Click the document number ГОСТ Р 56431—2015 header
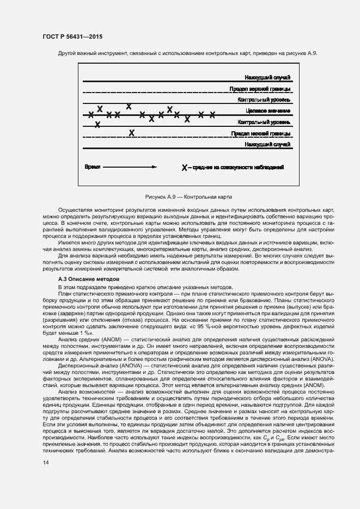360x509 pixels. click(72, 36)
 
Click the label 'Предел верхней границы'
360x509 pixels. click(260, 89)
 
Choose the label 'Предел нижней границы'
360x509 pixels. click(260, 133)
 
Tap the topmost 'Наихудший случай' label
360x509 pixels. click(267, 78)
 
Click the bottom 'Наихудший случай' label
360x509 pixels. click(267, 144)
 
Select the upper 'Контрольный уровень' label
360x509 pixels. click(264, 100)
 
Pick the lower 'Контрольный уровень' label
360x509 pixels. click(264, 122)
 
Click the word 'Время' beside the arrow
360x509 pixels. click(92, 167)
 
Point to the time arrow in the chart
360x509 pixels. click(130, 167)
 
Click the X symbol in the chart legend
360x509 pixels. click(185, 168)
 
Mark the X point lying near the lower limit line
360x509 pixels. click(131, 132)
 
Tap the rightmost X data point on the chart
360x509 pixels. click(212, 114)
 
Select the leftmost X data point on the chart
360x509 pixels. click(91, 114)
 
